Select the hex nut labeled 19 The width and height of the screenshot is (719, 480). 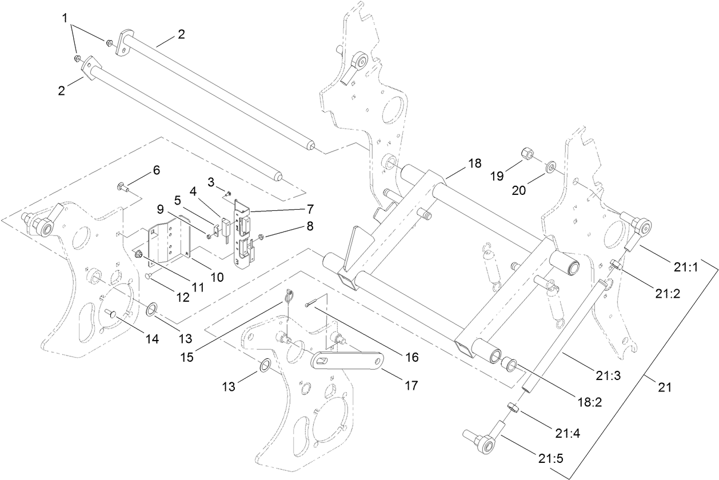coord(526,154)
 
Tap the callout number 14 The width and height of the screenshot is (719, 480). coord(151,338)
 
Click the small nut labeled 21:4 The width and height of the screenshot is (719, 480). coord(513,408)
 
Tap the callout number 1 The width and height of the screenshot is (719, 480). coord(68,18)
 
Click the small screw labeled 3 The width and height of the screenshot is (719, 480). coord(227,193)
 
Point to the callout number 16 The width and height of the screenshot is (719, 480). coord(412,358)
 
